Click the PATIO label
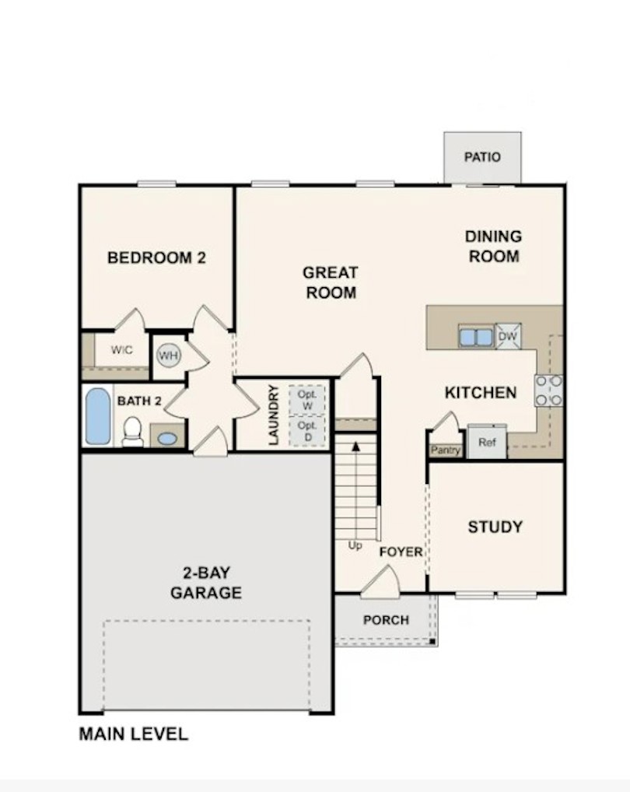482,157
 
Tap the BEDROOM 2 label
156,258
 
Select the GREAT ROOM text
331,282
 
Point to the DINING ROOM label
493,246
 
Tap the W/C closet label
121,350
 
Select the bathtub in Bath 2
98,416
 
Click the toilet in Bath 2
133,431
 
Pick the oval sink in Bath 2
167,438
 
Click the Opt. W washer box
306,399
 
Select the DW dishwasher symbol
508,336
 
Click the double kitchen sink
475,337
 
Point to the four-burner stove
549,390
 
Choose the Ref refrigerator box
487,443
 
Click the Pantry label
445,450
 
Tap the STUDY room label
495,527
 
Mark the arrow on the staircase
356,447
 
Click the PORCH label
386,620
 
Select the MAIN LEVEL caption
133,734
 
